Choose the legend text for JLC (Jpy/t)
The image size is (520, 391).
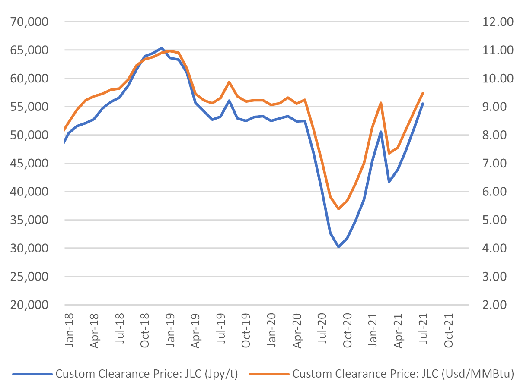click(x=147, y=374)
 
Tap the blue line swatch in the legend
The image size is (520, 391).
click(x=32, y=374)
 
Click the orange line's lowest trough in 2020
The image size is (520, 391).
click(x=338, y=209)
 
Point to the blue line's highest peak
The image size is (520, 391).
click(x=161, y=48)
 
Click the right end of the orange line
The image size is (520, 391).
click(x=423, y=93)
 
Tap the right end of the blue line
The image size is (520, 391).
click(x=423, y=104)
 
